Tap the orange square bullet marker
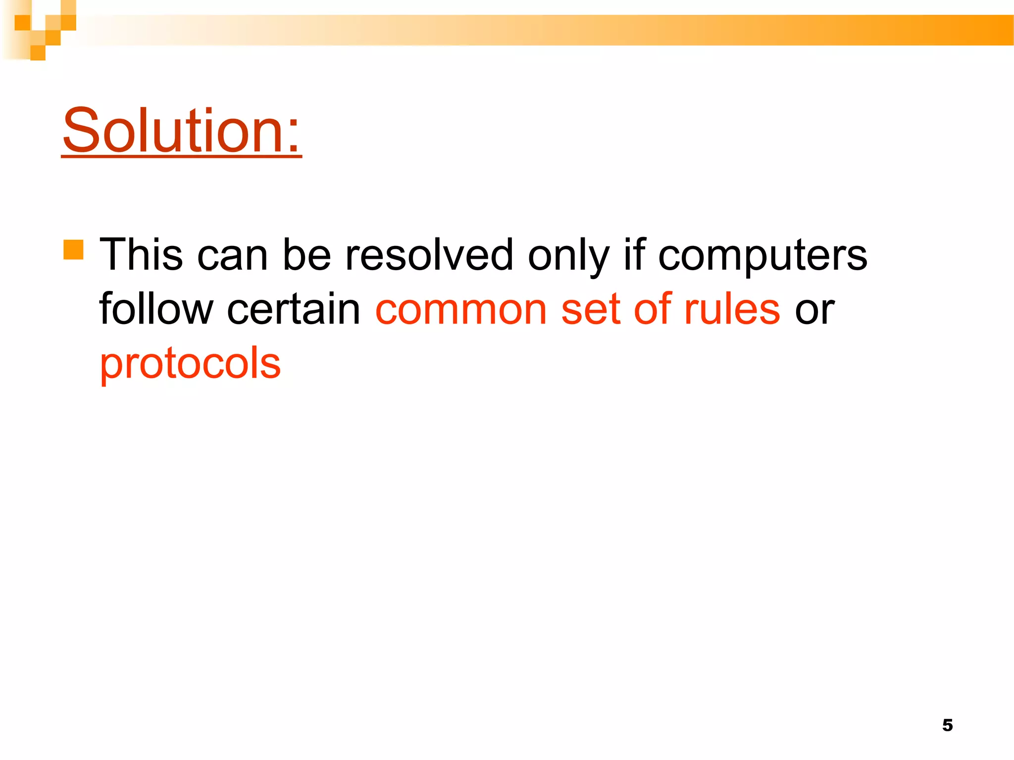pyautogui.click(x=73, y=250)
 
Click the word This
pyautogui.click(x=141, y=255)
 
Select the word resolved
pyautogui.click(x=429, y=255)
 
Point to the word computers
pyautogui.click(x=762, y=256)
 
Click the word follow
pyautogui.click(x=155, y=309)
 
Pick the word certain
pyautogui.click(x=294, y=309)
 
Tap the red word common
pyautogui.click(x=461, y=310)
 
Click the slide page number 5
pyautogui.click(x=947, y=725)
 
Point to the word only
pyautogui.click(x=568, y=256)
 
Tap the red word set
pyautogui.click(x=590, y=310)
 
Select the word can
pyautogui.click(x=232, y=256)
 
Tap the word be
pyautogui.click(x=306, y=255)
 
